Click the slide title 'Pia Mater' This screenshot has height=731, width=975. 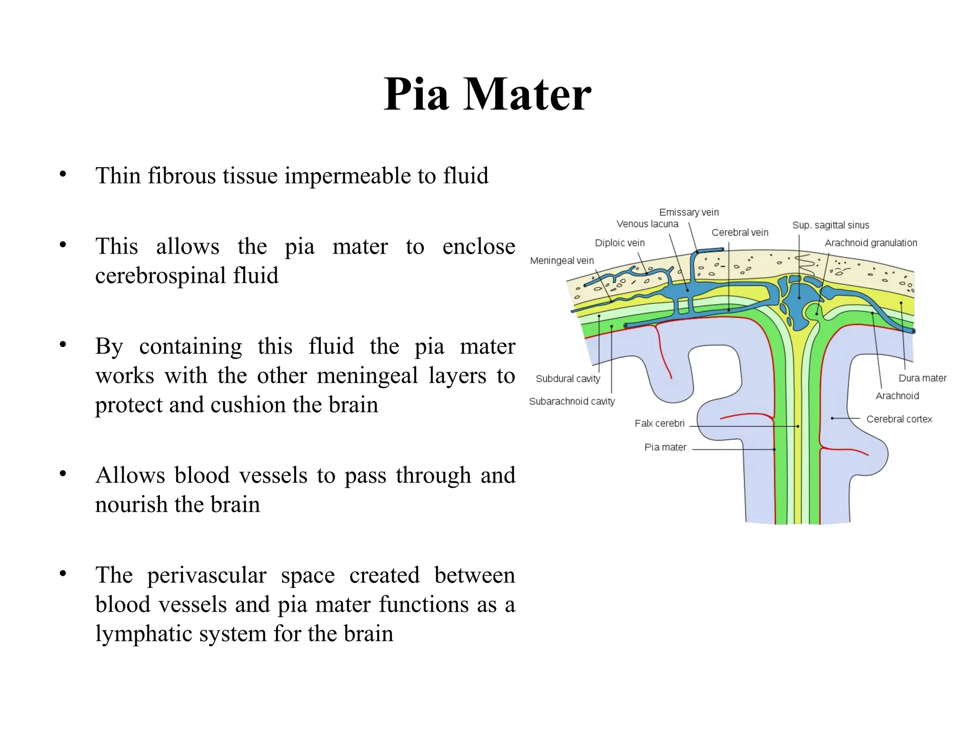[x=487, y=94]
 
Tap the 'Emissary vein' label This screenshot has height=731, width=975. [x=688, y=212]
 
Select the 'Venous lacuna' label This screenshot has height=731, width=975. [x=647, y=224]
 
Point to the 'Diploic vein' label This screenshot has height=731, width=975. [x=619, y=243]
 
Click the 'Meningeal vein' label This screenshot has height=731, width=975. [x=562, y=261]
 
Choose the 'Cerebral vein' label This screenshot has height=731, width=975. [x=739, y=233]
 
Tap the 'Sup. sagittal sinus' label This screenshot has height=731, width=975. [x=830, y=225]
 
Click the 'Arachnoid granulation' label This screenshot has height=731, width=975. [x=870, y=243]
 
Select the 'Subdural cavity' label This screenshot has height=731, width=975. [x=567, y=379]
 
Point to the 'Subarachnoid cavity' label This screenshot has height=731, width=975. [x=571, y=402]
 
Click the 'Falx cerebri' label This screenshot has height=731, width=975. [x=659, y=424]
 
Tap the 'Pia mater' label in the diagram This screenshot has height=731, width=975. [x=665, y=447]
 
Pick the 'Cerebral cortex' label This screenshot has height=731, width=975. [x=899, y=419]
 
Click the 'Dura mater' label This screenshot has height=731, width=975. [x=922, y=378]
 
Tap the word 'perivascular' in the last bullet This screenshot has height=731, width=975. [x=207, y=575]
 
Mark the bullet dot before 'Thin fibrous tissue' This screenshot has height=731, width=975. [x=63, y=174]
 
